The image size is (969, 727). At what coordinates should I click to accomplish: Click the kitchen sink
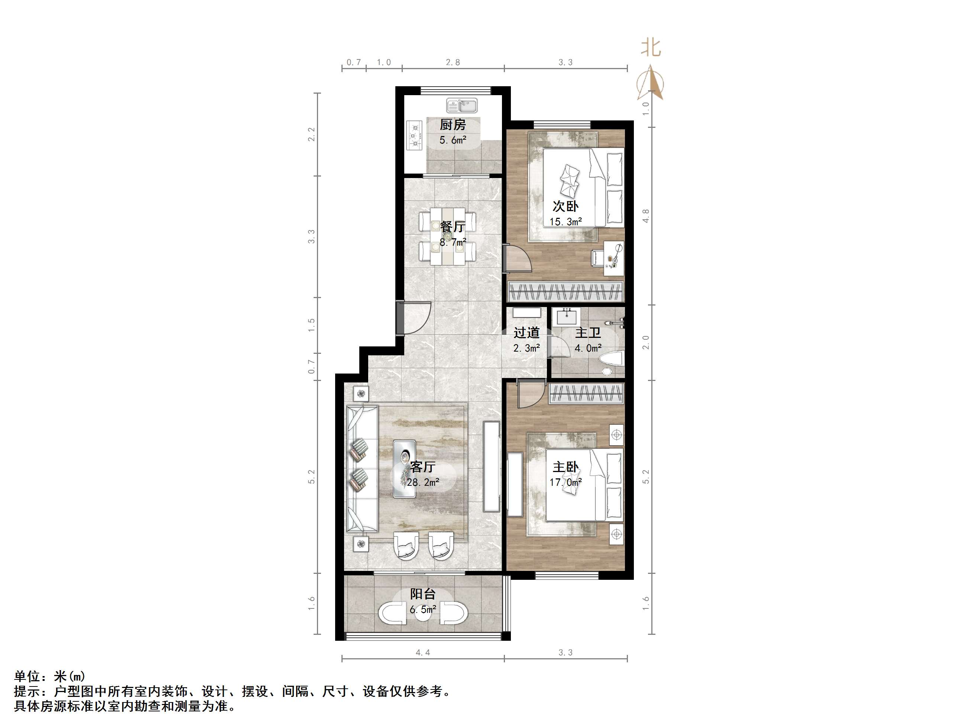click(x=462, y=106)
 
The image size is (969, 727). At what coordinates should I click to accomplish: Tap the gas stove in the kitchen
click(x=414, y=135)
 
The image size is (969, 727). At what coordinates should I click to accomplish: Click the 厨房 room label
click(x=453, y=125)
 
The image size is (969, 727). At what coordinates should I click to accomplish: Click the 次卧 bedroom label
click(x=565, y=206)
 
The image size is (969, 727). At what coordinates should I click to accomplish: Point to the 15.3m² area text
click(x=565, y=222)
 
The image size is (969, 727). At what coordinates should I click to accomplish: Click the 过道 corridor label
click(x=526, y=333)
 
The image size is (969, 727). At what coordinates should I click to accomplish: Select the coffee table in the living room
click(x=404, y=469)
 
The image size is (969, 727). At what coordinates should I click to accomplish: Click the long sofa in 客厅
click(x=362, y=469)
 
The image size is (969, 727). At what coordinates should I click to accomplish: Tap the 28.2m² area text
click(x=423, y=482)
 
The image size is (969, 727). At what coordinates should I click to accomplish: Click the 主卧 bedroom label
click(x=565, y=467)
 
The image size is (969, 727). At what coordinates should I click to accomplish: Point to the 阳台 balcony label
click(x=423, y=594)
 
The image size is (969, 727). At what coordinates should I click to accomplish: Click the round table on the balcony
click(x=423, y=614)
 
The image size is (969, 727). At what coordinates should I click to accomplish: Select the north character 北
click(x=651, y=47)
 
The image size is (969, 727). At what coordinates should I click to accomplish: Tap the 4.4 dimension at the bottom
click(x=423, y=653)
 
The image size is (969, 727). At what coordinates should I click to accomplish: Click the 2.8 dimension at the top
click(x=453, y=62)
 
